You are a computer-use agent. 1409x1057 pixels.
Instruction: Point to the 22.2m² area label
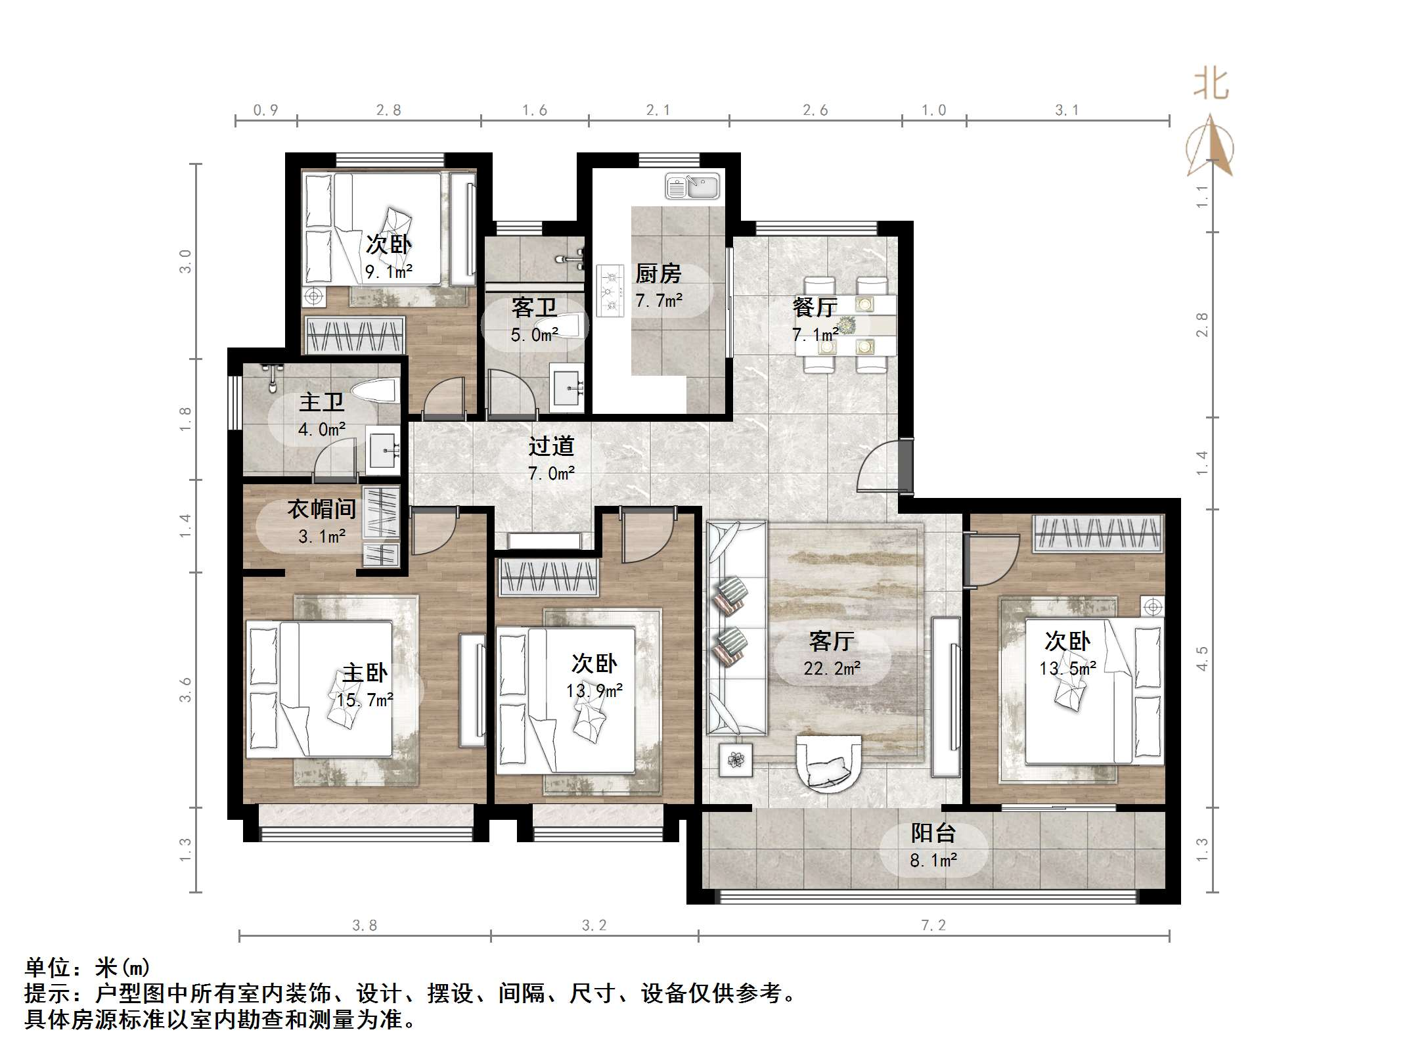pyautogui.click(x=832, y=669)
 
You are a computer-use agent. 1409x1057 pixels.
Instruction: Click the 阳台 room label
pyautogui.click(x=933, y=834)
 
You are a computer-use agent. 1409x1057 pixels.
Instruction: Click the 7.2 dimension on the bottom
pyautogui.click(x=933, y=926)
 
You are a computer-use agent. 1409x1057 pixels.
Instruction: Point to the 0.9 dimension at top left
pyautogui.click(x=265, y=110)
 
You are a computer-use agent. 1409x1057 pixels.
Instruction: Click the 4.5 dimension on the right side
pyautogui.click(x=1201, y=658)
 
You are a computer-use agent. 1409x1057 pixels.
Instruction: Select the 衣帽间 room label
pyautogui.click(x=322, y=509)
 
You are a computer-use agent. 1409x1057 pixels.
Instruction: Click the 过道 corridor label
pyautogui.click(x=551, y=447)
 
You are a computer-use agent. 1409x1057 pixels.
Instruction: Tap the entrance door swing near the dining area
pyautogui.click(x=879, y=468)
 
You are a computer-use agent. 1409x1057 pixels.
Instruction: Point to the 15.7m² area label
pyautogui.click(x=365, y=700)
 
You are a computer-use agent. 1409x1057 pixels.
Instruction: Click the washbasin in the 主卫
pyautogui.click(x=382, y=451)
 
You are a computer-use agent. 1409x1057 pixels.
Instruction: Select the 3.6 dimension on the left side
pyautogui.click(x=186, y=690)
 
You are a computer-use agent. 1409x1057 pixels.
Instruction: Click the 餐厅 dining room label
pyautogui.click(x=815, y=307)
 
